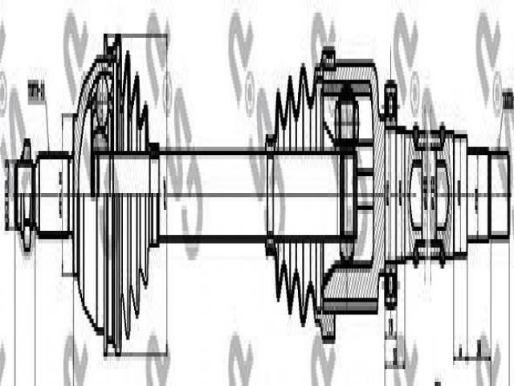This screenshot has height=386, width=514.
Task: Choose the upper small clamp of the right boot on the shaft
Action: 271,145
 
